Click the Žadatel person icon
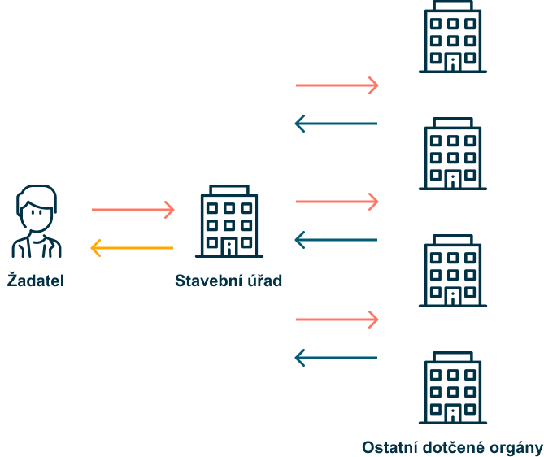37,221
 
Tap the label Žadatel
36,281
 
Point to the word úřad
262,281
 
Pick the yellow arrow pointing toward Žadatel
131,247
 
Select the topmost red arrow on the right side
337,85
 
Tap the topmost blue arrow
336,124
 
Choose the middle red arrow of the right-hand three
337,201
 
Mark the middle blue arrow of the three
336,240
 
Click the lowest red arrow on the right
337,320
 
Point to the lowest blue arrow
336,357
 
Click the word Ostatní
386,447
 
